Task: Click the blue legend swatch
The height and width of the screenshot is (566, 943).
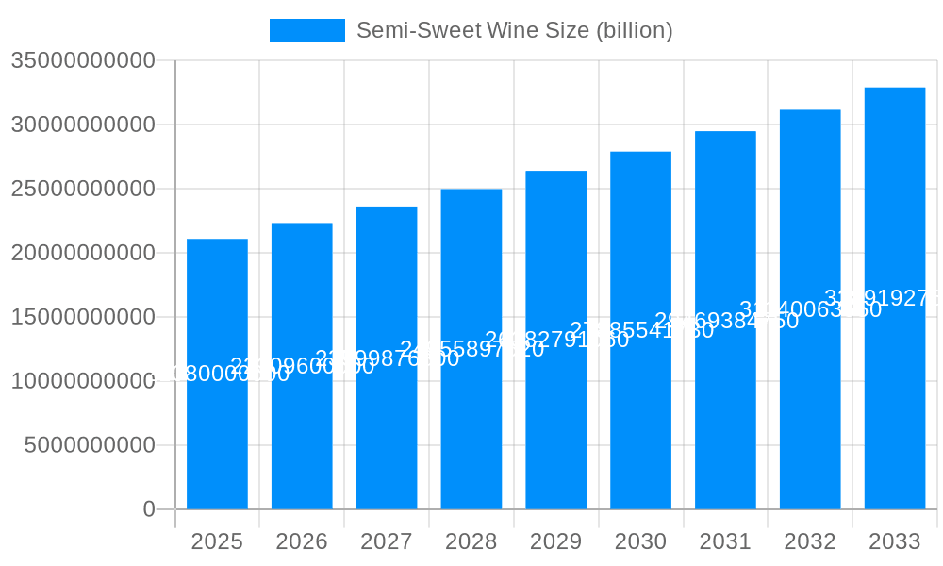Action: click(x=307, y=30)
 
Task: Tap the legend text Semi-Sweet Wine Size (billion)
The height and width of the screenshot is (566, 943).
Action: click(x=514, y=30)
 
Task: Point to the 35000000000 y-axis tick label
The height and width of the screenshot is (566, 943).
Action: click(x=83, y=60)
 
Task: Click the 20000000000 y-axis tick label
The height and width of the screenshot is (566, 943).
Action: click(x=83, y=253)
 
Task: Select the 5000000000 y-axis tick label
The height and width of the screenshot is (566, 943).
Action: click(x=90, y=445)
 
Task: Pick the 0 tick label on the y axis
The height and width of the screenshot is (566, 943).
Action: click(x=149, y=509)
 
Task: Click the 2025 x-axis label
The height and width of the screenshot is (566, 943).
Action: click(x=217, y=541)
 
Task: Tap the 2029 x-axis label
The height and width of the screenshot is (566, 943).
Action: click(x=556, y=541)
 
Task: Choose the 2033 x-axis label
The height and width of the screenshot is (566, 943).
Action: click(x=895, y=541)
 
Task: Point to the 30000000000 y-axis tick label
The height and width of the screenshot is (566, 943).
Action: click(x=83, y=125)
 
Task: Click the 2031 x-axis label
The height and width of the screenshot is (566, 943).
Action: click(x=725, y=541)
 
